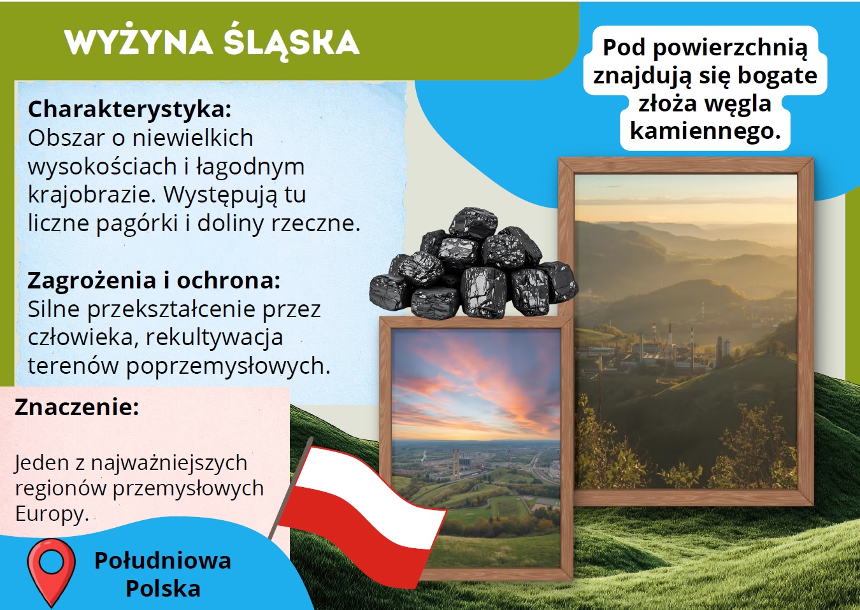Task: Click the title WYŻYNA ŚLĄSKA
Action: click(x=212, y=41)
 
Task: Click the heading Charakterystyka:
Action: click(x=130, y=110)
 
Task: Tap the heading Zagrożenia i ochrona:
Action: click(x=154, y=280)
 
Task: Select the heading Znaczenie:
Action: click(x=77, y=407)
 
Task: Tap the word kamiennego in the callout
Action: click(x=706, y=131)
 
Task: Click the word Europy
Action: click(x=52, y=514)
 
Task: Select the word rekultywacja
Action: click(x=214, y=337)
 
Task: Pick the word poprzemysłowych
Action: click(x=228, y=366)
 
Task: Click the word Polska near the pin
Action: click(x=163, y=588)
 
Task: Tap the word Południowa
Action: click(x=163, y=560)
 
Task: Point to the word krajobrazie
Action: click(x=92, y=195)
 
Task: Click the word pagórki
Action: click(x=138, y=223)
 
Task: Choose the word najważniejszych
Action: click(x=169, y=463)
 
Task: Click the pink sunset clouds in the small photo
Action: click(x=476, y=384)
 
